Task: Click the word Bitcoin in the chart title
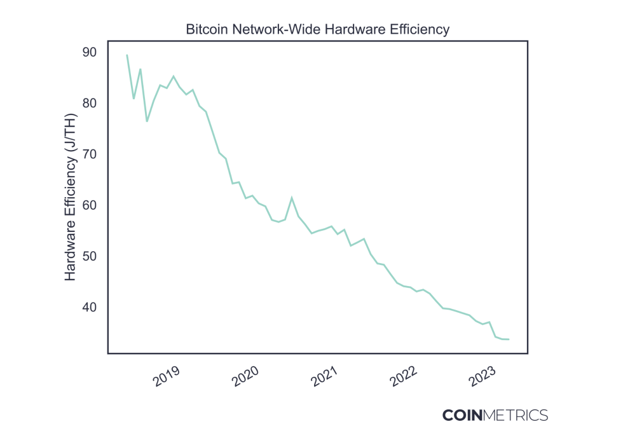pyautogui.click(x=204, y=29)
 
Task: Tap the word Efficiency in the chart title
pyautogui.click(x=420, y=29)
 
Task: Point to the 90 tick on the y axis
pyautogui.click(x=90, y=52)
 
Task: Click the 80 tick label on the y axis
pyautogui.click(x=90, y=103)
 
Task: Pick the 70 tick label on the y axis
pyautogui.click(x=90, y=154)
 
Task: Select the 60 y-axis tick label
pyautogui.click(x=90, y=205)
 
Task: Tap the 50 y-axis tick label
pyautogui.click(x=90, y=256)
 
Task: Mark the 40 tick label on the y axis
pyautogui.click(x=90, y=307)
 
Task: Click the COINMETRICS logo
pyautogui.click(x=495, y=416)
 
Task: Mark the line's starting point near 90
pyautogui.click(x=127, y=55)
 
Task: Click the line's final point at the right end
pyautogui.click(x=509, y=339)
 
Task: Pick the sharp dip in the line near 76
pyautogui.click(x=147, y=121)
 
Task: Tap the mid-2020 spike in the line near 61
pyautogui.click(x=292, y=198)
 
